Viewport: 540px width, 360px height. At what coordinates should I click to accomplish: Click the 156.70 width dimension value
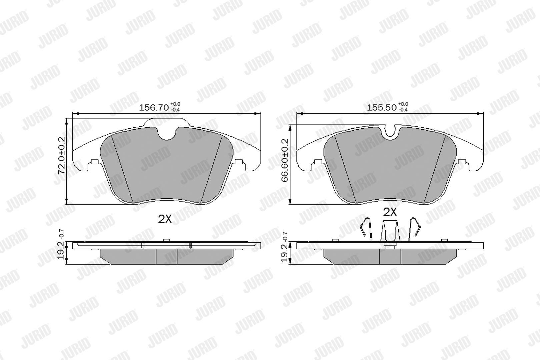tap(154, 108)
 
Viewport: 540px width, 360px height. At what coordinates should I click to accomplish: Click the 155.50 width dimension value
tap(382, 108)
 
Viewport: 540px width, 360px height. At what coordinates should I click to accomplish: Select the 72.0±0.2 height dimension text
tap(62, 155)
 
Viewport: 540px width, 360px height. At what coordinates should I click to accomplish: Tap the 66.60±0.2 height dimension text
tap(285, 160)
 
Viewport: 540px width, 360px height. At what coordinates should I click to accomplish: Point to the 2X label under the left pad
tap(165, 219)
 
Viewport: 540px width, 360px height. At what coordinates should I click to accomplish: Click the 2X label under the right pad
tap(390, 212)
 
